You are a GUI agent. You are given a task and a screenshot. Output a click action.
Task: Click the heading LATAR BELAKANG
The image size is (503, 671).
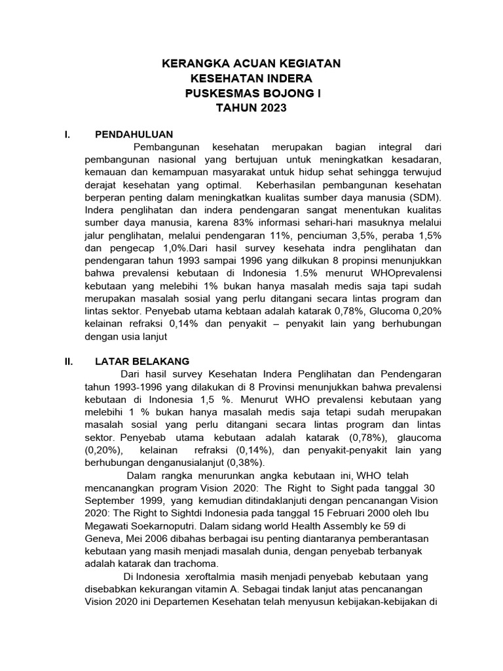pos(142,361)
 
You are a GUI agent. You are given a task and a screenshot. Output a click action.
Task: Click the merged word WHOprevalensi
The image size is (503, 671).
pos(408,273)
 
